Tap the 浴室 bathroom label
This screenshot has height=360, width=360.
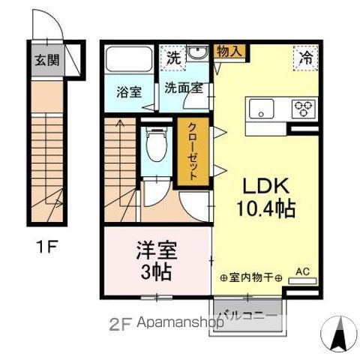tap(129, 93)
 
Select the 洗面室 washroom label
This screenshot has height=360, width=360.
tap(183, 88)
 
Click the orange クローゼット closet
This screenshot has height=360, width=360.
tap(192, 151)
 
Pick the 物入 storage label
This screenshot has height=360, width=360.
tap(229, 52)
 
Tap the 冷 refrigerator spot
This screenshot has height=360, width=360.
tap(306, 56)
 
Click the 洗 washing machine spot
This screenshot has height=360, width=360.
tap(173, 57)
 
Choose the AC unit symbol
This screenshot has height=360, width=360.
tap(302, 280)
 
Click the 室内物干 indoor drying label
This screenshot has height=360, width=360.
tap(250, 278)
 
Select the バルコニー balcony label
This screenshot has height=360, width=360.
tap(248, 316)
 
